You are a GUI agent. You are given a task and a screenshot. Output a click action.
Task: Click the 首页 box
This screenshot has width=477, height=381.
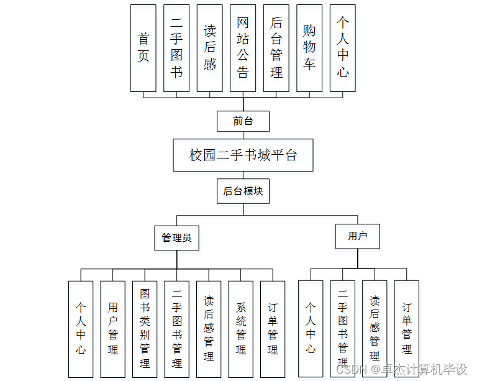pyautogui.click(x=143, y=48)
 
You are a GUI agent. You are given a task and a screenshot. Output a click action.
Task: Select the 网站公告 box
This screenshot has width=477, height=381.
pyautogui.click(x=243, y=48)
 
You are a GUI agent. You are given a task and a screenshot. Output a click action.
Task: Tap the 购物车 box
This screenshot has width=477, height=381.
pyautogui.click(x=309, y=48)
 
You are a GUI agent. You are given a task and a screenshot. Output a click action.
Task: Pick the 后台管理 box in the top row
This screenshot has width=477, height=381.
pyautogui.click(x=276, y=48)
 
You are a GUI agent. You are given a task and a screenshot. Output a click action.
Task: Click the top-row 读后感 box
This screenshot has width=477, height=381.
pyautogui.click(x=210, y=48)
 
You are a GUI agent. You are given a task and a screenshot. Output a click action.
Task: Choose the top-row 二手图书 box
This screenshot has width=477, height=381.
pyautogui.click(x=177, y=48)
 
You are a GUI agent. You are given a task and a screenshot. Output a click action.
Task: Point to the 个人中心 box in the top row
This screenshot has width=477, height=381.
pyautogui.click(x=343, y=48)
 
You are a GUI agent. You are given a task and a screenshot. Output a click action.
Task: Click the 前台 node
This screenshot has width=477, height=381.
pyautogui.click(x=243, y=121)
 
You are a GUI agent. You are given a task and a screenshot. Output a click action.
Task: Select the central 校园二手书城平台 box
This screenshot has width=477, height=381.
pyautogui.click(x=243, y=155)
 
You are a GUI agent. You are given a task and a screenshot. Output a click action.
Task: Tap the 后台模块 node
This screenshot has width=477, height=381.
pyautogui.click(x=243, y=191)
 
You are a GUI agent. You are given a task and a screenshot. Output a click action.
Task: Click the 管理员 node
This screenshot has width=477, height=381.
pyautogui.click(x=176, y=237)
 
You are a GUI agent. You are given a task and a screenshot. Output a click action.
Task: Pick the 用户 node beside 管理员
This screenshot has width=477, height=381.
pyautogui.click(x=357, y=236)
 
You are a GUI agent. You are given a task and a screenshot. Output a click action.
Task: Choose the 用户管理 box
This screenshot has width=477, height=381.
pyautogui.click(x=113, y=329)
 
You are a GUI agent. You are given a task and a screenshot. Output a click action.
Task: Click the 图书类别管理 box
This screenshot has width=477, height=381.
pyautogui.click(x=145, y=329)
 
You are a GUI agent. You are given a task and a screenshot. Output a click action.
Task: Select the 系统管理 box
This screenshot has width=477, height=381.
pyautogui.click(x=241, y=329)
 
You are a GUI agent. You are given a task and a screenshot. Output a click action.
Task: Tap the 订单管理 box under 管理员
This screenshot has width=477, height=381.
pyautogui.click(x=273, y=329)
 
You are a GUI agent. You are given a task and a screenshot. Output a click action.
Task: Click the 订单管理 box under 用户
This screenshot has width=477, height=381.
pyautogui.click(x=407, y=329)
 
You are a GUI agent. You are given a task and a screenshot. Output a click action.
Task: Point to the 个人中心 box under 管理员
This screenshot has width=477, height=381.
pyautogui.click(x=81, y=329)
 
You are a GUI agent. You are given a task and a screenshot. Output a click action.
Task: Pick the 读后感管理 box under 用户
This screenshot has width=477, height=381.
pyautogui.click(x=375, y=329)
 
